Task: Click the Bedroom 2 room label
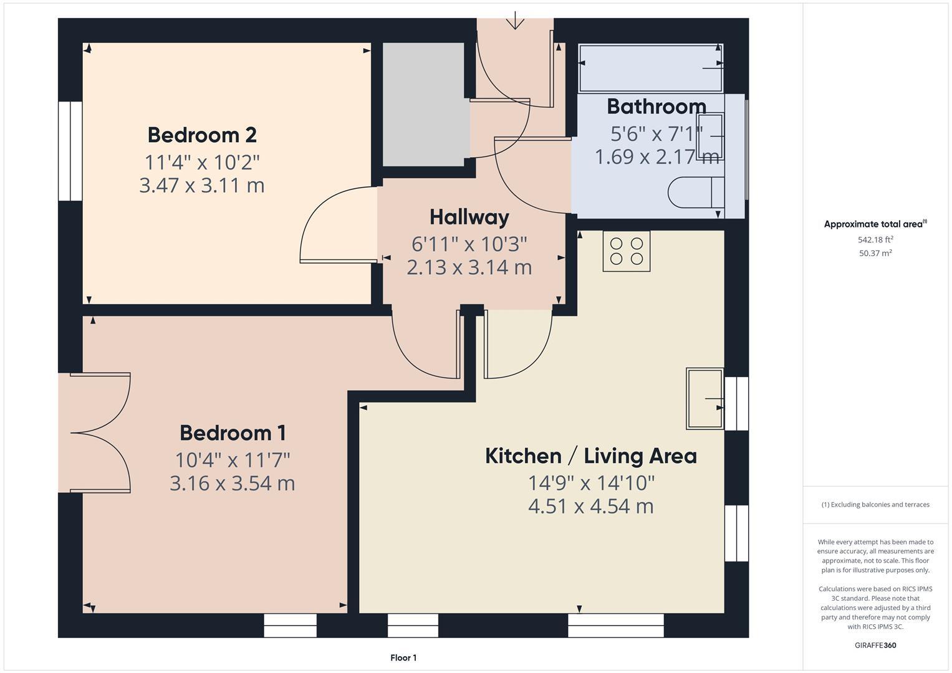point(202,135)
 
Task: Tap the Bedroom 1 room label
point(233,433)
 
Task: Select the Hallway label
point(469,217)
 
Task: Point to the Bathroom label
point(656,107)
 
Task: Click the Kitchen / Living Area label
point(590,456)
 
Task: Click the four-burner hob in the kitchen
point(626,251)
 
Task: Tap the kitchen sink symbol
point(704,398)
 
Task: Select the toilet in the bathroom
point(695,193)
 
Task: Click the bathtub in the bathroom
point(650,67)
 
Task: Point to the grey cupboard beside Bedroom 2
point(423,105)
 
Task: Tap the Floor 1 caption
point(403,657)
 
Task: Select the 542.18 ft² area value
point(875,240)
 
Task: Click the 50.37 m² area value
point(875,253)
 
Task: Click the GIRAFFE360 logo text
point(875,645)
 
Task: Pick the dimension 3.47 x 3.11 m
point(202,186)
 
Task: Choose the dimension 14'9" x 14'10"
point(590,483)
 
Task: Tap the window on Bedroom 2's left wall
point(70,151)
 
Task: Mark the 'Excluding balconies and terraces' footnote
point(875,505)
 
